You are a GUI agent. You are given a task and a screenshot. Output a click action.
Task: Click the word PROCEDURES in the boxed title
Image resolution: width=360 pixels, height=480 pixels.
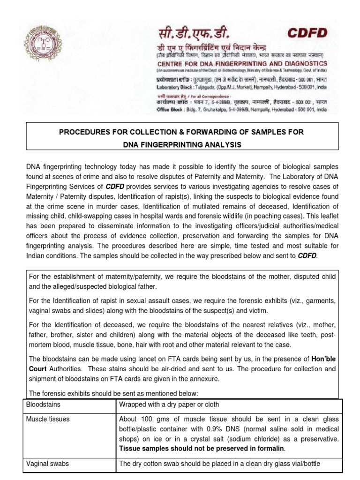(x=88, y=132)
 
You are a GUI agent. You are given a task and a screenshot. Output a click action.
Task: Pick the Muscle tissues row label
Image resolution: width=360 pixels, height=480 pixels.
(x=48, y=419)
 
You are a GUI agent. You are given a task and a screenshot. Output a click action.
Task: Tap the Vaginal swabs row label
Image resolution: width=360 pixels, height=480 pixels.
(x=47, y=464)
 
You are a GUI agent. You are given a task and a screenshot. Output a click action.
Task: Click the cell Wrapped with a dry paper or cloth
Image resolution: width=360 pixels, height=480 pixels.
(x=169, y=404)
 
